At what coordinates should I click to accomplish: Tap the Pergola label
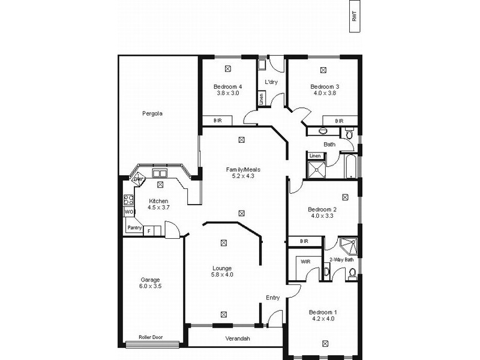click(152, 113)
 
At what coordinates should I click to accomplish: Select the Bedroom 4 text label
click(227, 86)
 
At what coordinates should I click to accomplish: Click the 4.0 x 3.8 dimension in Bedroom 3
click(324, 93)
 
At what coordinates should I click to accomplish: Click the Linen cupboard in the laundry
click(262, 99)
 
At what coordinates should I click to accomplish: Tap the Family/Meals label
click(243, 169)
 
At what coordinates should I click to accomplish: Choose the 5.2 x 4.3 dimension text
click(243, 176)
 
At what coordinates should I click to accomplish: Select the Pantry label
click(134, 227)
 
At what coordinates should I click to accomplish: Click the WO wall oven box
click(128, 212)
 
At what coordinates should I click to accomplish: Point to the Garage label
click(150, 279)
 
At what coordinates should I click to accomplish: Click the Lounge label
click(222, 268)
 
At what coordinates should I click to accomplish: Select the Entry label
click(273, 298)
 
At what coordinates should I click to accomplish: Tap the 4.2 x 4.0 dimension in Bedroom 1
click(323, 319)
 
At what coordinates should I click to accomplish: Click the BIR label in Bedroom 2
click(303, 241)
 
